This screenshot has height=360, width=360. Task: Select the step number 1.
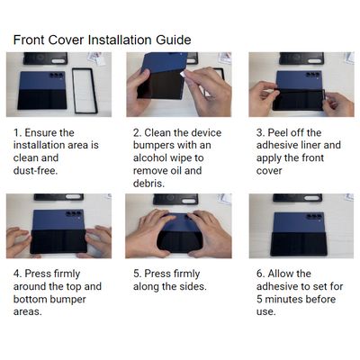[17, 132]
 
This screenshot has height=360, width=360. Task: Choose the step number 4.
[17, 274]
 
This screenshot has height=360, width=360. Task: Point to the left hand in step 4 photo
[20, 240]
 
